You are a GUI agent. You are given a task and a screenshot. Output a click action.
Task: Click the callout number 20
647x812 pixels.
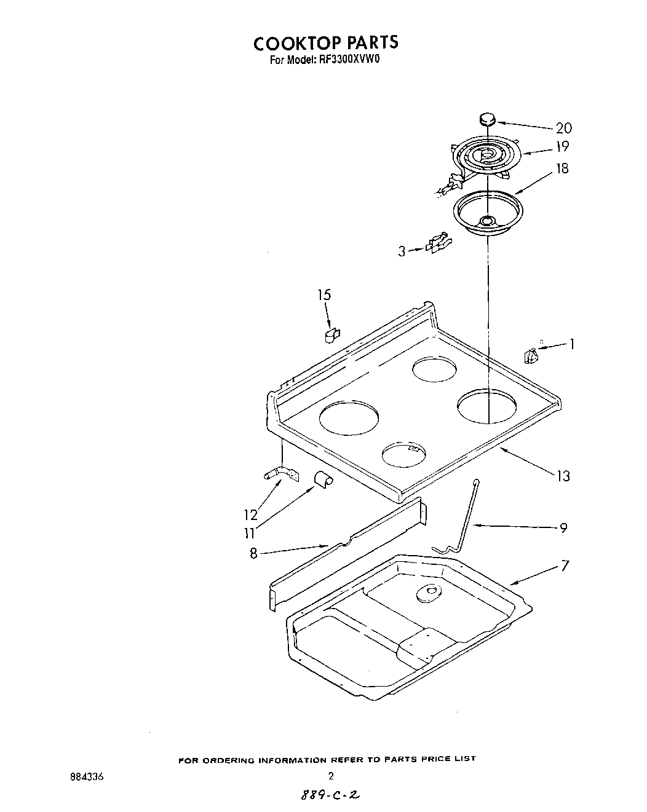563,128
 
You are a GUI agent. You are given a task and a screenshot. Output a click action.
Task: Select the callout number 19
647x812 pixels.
562,146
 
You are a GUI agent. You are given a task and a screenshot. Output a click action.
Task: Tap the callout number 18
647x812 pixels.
562,168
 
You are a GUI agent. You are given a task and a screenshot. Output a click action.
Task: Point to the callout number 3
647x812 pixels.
402,251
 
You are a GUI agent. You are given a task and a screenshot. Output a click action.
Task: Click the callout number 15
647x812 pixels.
324,294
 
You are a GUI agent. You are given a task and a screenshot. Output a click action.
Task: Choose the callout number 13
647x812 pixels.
563,476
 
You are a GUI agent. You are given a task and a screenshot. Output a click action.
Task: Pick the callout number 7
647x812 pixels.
565,565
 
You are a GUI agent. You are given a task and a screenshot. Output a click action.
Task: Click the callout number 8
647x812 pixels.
253,553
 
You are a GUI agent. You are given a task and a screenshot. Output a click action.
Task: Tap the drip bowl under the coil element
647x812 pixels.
487,213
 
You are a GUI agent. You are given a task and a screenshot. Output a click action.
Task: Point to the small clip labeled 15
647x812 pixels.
331,335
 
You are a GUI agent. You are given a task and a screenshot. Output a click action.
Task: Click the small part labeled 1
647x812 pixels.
531,355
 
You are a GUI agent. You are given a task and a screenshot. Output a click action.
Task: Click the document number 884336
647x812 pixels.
88,776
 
